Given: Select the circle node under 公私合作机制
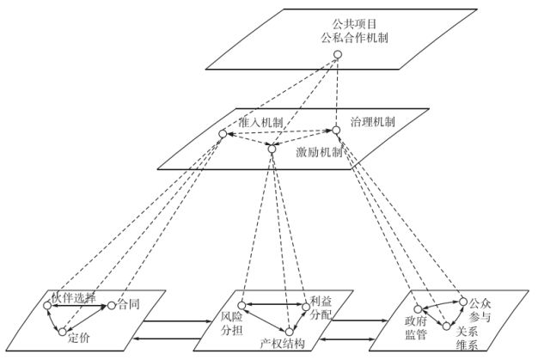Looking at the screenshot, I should pyautogui.click(x=338, y=56).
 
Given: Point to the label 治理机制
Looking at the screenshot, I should pyautogui.click(x=373, y=122).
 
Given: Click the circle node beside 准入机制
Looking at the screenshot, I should pyautogui.click(x=222, y=134).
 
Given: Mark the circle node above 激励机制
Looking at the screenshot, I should pyautogui.click(x=272, y=149).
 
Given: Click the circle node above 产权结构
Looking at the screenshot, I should pyautogui.click(x=290, y=332).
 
